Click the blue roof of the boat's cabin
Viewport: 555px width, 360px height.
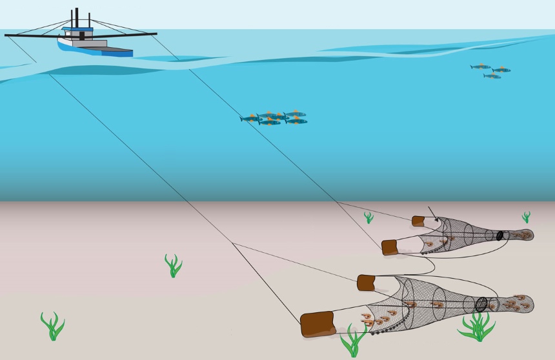click(x=78, y=29)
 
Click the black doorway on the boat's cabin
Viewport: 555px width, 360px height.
click(x=82, y=36)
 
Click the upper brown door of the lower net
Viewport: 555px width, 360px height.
click(x=366, y=283)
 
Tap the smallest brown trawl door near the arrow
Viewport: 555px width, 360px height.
click(x=418, y=221)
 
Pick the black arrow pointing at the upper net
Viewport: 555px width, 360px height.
click(x=432, y=214)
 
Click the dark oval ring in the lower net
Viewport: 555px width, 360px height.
click(x=481, y=303)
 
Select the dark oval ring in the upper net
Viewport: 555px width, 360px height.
click(x=499, y=235)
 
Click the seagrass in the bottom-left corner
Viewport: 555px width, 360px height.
click(x=52, y=325)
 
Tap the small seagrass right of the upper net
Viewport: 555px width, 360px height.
click(x=526, y=217)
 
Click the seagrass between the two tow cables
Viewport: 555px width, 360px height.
click(x=172, y=265)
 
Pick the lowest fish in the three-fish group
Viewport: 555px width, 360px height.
click(x=492, y=76)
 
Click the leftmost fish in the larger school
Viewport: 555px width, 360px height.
click(x=250, y=119)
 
